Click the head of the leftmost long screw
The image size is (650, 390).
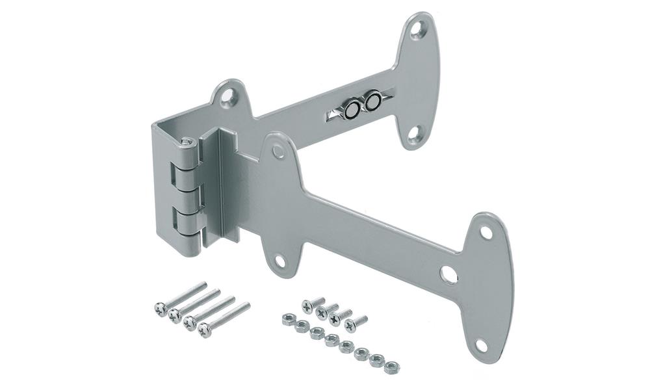(x=159, y=306)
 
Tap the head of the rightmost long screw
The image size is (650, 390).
(x=205, y=329)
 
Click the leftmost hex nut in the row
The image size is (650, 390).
(x=287, y=318)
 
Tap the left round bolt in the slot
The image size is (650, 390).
(x=352, y=110)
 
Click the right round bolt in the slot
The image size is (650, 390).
(x=373, y=102)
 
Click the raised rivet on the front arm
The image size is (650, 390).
(x=278, y=151)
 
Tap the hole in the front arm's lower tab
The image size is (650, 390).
(x=280, y=261)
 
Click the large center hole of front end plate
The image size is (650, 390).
(x=448, y=274)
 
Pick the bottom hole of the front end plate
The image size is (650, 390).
(x=481, y=345)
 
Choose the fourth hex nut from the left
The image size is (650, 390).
(x=331, y=339)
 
